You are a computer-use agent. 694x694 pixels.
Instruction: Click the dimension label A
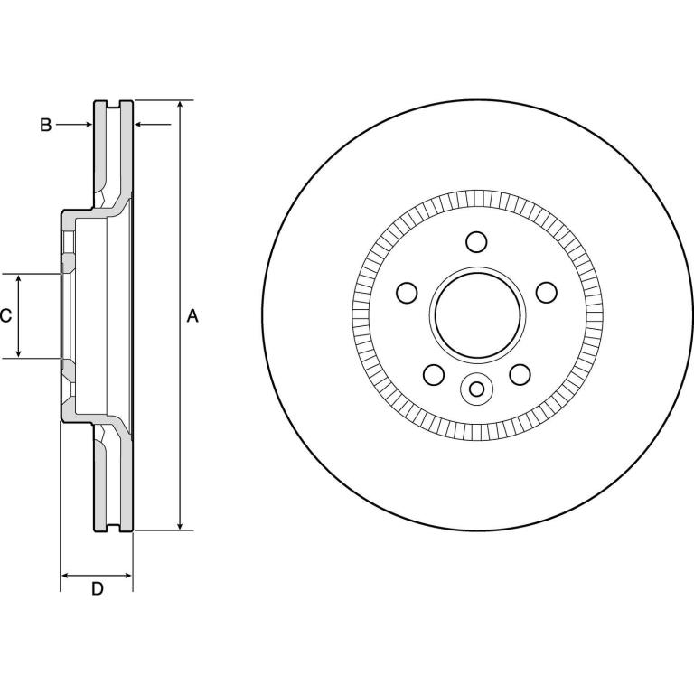192,315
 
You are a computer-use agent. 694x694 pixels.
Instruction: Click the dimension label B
45,125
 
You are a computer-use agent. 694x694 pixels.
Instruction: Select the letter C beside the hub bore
5,315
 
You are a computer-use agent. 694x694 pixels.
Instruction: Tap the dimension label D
97,588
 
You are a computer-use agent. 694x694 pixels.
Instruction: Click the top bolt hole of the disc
477,242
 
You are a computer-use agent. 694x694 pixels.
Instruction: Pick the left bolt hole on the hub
407,293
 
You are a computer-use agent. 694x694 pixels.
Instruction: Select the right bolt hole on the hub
547,293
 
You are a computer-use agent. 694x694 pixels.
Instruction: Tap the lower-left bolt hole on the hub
434,375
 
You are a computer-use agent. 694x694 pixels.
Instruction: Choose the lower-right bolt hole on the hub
520,375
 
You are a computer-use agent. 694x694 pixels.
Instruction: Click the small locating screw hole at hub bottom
477,389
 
